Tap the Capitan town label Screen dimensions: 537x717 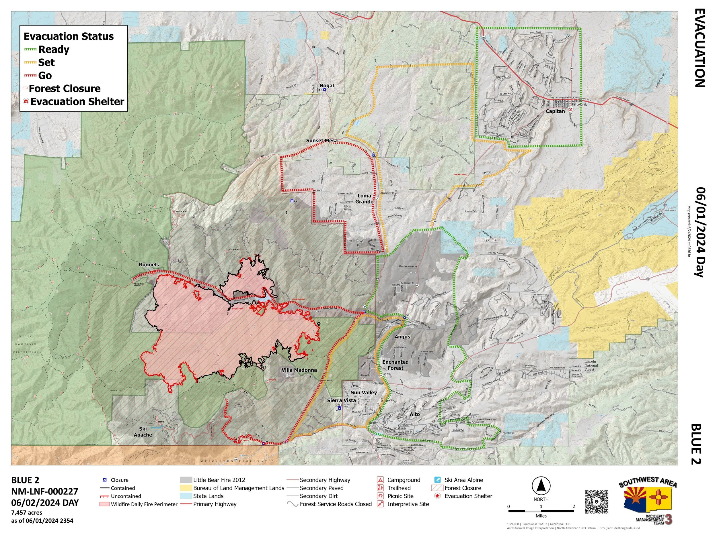[555, 111]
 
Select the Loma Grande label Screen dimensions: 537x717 [364, 198]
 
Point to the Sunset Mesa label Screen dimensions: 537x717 [322, 141]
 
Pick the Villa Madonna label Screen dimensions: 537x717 [299, 370]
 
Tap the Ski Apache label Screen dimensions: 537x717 [143, 432]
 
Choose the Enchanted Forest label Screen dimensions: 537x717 [395, 365]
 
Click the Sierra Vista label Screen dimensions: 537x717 [341, 400]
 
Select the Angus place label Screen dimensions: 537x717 [402, 337]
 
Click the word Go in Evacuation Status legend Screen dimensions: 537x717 [45, 75]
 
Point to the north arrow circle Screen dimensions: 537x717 [541, 487]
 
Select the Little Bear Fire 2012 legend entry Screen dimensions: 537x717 [219, 480]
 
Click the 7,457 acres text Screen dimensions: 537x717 [27, 512]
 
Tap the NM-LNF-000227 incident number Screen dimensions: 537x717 [44, 491]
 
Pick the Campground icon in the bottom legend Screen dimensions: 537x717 [381, 480]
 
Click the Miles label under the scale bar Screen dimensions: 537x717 [541, 516]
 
